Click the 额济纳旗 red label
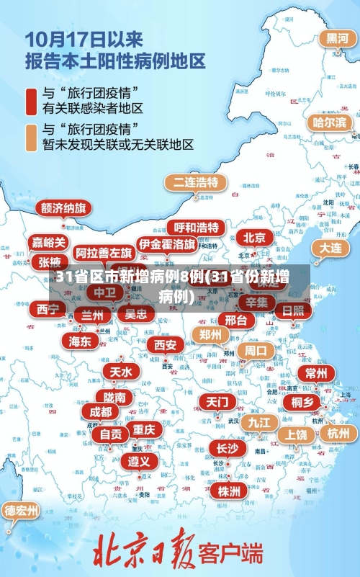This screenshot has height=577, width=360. click(x=65, y=208)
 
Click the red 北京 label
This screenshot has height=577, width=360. click(x=254, y=237)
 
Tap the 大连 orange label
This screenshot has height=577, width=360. click(x=330, y=247)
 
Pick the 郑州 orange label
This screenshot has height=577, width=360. click(x=211, y=334)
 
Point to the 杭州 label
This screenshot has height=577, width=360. click(x=338, y=433)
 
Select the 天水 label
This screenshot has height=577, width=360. click(x=121, y=372)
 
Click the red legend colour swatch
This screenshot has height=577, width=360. click(x=31, y=102)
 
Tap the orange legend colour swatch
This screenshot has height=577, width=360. click(x=31, y=137)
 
